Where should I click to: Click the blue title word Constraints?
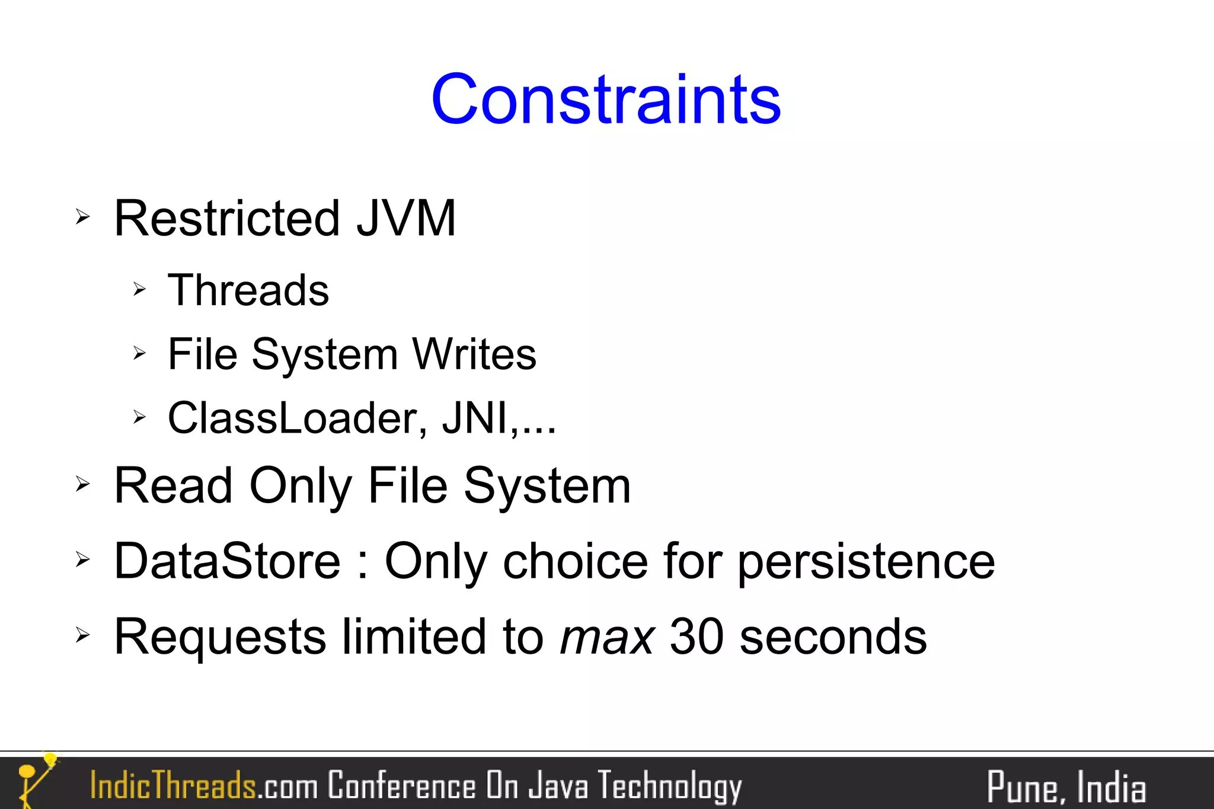[606, 100]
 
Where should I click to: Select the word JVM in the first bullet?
[406, 219]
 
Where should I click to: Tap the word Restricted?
[227, 219]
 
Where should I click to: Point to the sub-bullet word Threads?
[248, 290]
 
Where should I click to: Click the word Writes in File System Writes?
[474, 354]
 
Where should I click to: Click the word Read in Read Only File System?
[173, 486]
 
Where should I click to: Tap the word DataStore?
[227, 561]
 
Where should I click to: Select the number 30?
[697, 637]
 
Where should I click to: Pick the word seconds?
[833, 637]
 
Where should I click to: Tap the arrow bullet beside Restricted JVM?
[82, 217]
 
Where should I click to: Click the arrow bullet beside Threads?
[139, 289]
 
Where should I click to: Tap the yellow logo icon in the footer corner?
[34, 779]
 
